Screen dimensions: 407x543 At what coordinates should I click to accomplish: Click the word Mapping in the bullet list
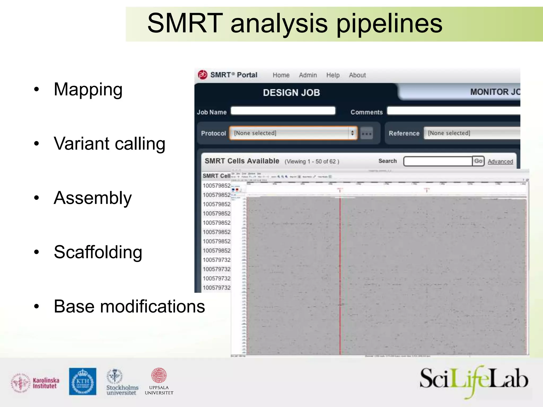click(x=88, y=90)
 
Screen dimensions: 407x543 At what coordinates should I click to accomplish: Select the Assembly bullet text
click(x=93, y=198)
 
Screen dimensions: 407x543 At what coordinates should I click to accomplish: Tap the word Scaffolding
click(x=98, y=252)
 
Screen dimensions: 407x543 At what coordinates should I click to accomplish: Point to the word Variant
click(x=82, y=144)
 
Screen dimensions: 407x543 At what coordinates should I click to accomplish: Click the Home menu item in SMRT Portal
click(x=281, y=75)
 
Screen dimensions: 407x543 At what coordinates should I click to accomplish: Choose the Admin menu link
click(x=308, y=75)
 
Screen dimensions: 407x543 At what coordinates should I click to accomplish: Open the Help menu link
click(x=333, y=75)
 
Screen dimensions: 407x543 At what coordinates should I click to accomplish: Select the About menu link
click(x=357, y=75)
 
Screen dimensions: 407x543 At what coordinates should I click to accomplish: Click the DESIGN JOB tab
click(x=291, y=93)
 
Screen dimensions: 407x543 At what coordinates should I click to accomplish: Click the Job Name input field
click(x=283, y=111)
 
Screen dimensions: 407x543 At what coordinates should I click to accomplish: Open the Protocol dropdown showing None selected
click(x=293, y=133)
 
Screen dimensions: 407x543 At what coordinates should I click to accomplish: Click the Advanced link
click(x=500, y=161)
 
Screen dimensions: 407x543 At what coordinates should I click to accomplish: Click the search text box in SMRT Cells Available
click(x=438, y=161)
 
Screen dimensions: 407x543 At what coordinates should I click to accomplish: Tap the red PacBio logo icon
click(x=203, y=75)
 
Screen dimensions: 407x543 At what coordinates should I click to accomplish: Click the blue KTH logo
click(x=83, y=382)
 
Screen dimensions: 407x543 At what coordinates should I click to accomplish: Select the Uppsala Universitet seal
click(x=159, y=375)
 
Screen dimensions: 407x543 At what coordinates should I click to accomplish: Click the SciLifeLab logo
click(x=474, y=381)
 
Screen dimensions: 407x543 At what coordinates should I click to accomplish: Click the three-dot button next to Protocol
click(x=367, y=133)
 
